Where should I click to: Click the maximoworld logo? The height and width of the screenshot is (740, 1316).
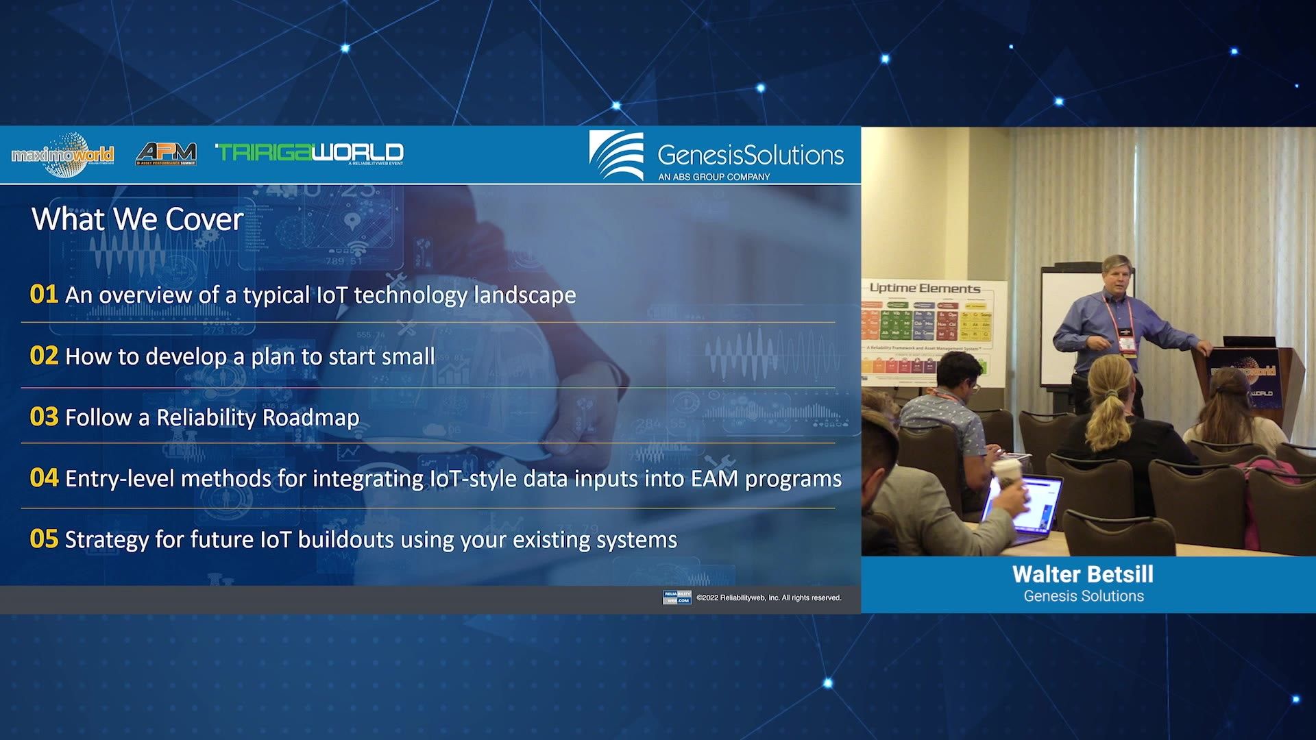(x=62, y=155)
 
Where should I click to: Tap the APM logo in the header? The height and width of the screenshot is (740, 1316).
(x=167, y=153)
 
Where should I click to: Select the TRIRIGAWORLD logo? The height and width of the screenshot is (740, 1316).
(x=310, y=153)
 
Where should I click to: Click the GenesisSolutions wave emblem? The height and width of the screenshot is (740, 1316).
(x=616, y=155)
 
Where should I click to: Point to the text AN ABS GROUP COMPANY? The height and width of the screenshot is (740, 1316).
(x=714, y=177)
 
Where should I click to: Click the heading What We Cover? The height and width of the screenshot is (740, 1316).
(x=137, y=219)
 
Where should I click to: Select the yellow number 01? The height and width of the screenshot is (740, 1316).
(x=43, y=294)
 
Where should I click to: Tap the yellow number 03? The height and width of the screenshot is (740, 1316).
(x=43, y=417)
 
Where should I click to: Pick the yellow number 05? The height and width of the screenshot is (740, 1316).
(x=43, y=539)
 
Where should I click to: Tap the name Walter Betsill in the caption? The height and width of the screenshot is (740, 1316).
(x=1083, y=574)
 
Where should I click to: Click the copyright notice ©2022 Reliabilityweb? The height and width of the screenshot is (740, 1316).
(x=768, y=598)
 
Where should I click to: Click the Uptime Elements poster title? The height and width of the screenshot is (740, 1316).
(x=925, y=288)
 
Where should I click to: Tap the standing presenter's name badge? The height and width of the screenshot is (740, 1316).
(x=1125, y=343)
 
